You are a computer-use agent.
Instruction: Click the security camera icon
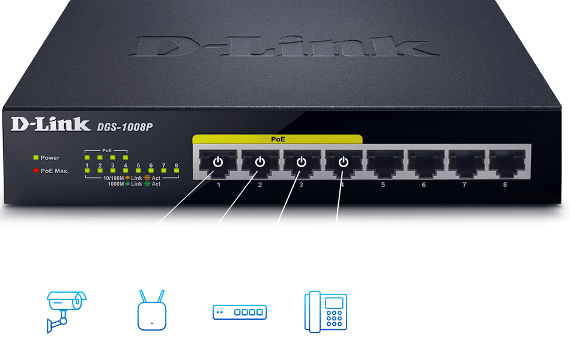coord(64,310)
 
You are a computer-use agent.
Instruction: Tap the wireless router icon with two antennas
coord(152,311)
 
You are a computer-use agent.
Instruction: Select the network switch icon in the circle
coord(239,311)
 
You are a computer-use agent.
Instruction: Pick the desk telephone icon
coord(326,311)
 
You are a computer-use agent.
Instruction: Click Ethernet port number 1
coord(218,163)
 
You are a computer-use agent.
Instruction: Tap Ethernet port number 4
coord(343,163)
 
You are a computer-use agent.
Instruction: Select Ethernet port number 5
coord(384,163)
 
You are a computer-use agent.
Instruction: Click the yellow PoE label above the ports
coord(277,139)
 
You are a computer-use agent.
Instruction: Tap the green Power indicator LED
coord(35,157)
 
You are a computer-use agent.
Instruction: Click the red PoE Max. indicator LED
coord(35,171)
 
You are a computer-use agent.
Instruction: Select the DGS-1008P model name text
coord(125,127)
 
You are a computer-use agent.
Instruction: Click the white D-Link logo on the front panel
coord(50,125)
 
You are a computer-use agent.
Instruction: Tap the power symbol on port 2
coord(259,162)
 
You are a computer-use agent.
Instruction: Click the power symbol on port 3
coord(302,162)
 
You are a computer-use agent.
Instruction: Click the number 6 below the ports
coord(423,185)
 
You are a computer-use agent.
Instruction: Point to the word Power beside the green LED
coord(50,157)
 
